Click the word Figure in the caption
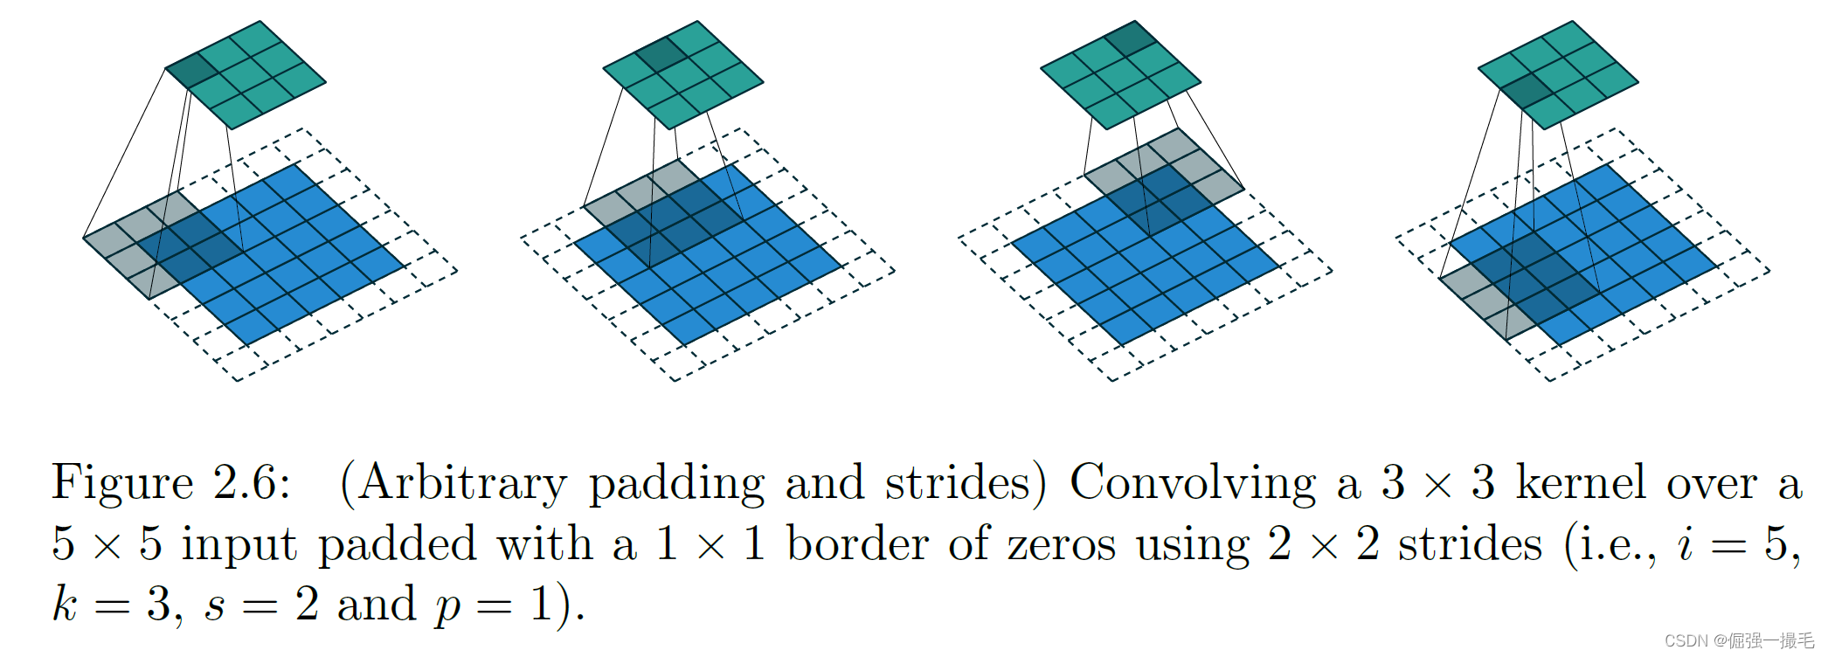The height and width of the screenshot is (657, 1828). point(122,483)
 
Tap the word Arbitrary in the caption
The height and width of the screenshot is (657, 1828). point(462,483)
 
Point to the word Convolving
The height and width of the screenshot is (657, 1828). point(1193,483)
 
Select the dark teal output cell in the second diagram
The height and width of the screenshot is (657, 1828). point(661,54)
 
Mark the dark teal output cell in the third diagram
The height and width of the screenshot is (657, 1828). point(1132,38)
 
